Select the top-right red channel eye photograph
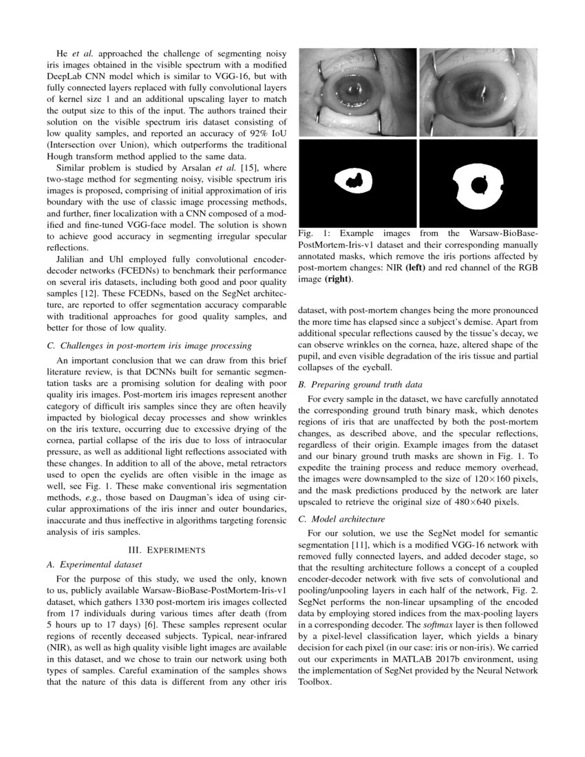478,92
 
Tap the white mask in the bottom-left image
354,181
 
